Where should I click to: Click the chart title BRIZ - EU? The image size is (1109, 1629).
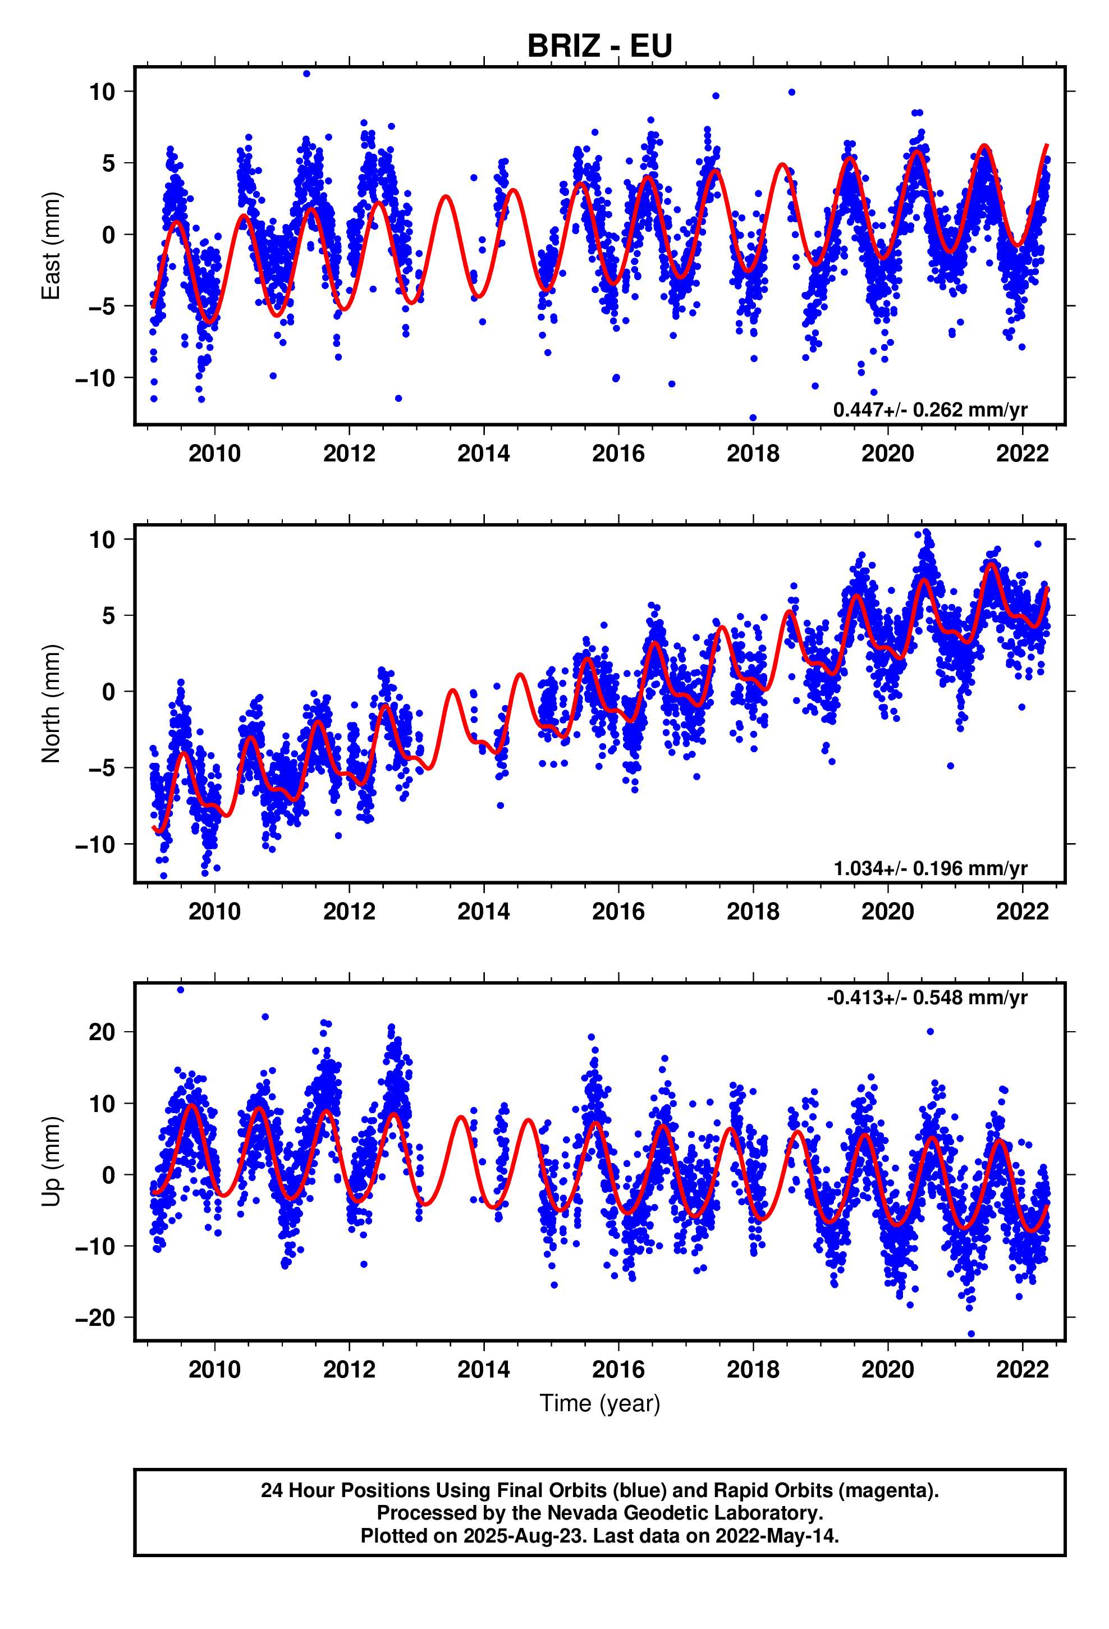(x=599, y=46)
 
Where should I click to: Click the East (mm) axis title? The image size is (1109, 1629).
(x=51, y=245)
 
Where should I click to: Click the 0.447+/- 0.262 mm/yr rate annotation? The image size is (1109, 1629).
(x=930, y=409)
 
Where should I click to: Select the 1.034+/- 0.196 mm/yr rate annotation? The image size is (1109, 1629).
(x=930, y=868)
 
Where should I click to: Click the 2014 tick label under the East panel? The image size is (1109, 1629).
(x=484, y=454)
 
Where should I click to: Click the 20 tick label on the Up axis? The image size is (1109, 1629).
(x=102, y=1032)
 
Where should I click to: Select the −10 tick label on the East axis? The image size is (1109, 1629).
(x=95, y=378)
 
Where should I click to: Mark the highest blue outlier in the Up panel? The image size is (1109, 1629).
(x=180, y=990)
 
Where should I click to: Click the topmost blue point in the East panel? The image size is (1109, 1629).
(x=306, y=74)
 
